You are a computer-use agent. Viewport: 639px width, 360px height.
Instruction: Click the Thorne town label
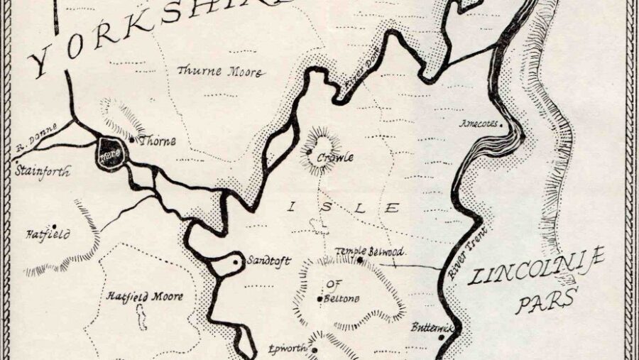(x=158, y=141)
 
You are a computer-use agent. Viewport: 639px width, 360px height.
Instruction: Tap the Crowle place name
(x=334, y=158)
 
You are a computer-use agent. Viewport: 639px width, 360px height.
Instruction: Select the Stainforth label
(x=42, y=171)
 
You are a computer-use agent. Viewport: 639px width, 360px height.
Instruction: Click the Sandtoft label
(x=268, y=261)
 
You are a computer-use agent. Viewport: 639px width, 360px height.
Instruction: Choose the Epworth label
(x=286, y=349)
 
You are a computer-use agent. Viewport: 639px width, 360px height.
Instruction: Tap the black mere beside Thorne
(x=112, y=151)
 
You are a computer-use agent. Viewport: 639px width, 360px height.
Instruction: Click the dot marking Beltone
(x=319, y=299)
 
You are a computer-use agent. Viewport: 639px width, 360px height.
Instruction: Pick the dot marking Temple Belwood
(x=360, y=260)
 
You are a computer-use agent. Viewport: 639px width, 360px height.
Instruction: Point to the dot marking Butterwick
(x=442, y=337)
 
